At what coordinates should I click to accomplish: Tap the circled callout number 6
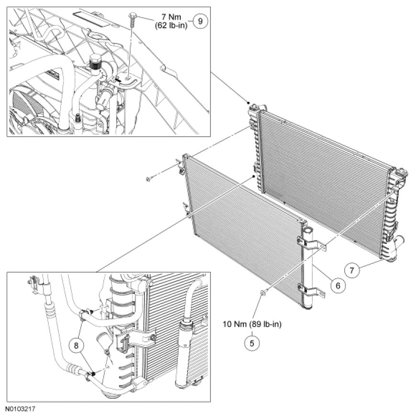tap(337, 285)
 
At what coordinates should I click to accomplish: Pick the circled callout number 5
tap(252, 342)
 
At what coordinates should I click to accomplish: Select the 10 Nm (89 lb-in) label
tap(252, 325)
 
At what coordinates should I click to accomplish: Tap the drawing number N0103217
tap(21, 410)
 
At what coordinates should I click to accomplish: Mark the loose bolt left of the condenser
tap(149, 179)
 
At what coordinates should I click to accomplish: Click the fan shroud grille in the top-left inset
tap(17, 105)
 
